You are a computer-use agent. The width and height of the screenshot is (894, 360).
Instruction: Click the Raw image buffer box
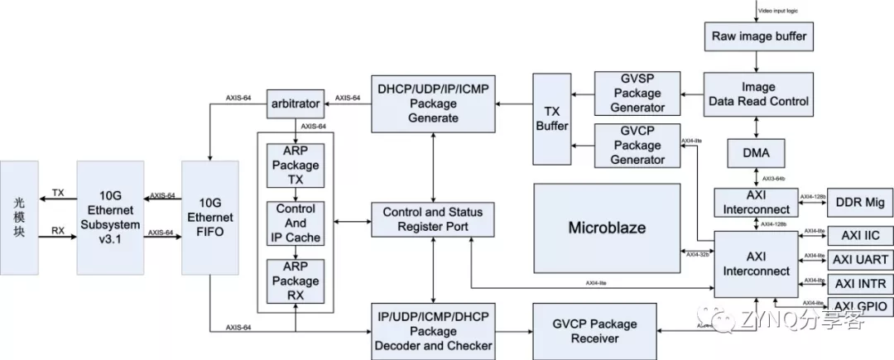point(758,37)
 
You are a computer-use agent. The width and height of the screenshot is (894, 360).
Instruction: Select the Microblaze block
point(608,228)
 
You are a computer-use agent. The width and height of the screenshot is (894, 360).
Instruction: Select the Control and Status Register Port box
point(432,218)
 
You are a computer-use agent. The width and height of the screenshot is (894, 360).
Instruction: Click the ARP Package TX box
point(296,165)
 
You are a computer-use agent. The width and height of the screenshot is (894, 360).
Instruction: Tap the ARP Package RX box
point(296,281)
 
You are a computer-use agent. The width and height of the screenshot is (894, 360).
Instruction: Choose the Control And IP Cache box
point(296,223)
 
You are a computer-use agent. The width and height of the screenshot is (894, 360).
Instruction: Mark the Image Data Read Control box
point(757,94)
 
